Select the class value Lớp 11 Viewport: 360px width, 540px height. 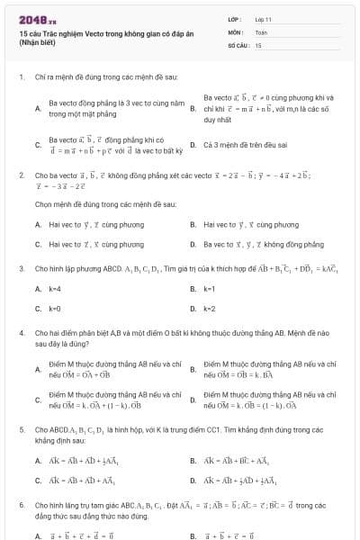click(263, 19)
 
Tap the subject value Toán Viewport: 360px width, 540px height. click(261, 31)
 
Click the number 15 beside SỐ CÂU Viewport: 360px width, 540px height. click(258, 44)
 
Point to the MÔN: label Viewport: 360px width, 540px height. click(236, 31)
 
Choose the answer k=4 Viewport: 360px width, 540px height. click(54, 289)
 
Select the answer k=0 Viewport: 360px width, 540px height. click(54, 309)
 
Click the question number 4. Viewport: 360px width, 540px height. click(21, 333)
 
